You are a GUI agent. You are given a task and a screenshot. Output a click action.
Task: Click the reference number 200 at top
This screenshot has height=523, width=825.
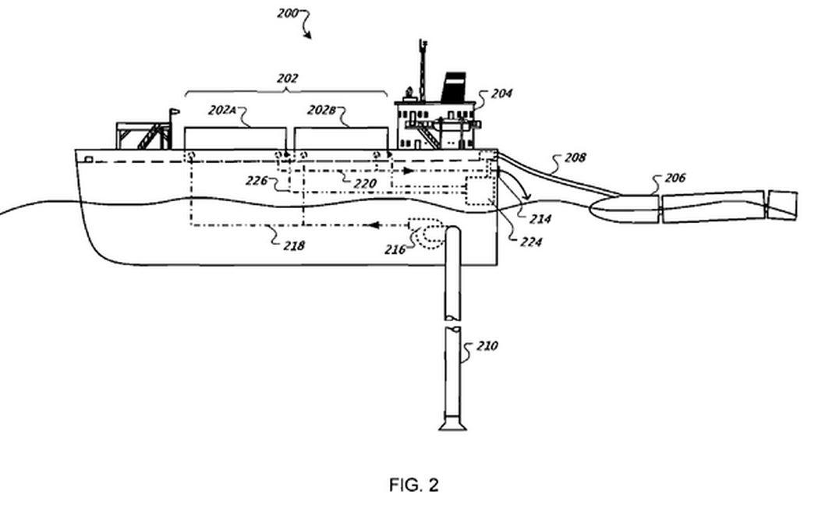[x=288, y=13]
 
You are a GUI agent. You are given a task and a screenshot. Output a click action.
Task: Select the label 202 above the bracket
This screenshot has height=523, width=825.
[x=288, y=79]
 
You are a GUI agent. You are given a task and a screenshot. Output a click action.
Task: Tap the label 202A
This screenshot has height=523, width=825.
[x=222, y=110]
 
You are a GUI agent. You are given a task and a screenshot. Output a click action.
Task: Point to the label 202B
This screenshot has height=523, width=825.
[x=321, y=110]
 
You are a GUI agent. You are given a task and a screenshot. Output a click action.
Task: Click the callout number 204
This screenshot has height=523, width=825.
[x=501, y=94]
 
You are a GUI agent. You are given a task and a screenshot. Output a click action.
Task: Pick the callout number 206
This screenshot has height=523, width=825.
[x=675, y=178]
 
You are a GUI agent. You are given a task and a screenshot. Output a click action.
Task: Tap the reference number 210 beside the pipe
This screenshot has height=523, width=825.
[x=487, y=345]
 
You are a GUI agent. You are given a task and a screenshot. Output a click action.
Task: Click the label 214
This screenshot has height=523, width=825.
[x=540, y=219]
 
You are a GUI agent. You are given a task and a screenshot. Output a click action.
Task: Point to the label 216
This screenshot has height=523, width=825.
[x=395, y=249]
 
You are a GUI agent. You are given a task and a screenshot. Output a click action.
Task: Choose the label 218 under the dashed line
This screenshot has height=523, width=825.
[x=294, y=246]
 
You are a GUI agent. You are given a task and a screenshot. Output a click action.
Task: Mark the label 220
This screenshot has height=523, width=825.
[x=365, y=184]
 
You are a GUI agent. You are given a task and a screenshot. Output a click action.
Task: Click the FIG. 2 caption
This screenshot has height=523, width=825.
[x=413, y=485]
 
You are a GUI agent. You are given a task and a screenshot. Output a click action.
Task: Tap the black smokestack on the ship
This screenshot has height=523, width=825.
[x=453, y=87]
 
